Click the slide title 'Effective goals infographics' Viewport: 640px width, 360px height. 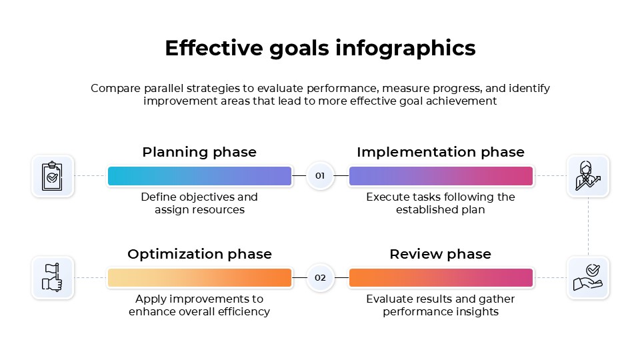[320, 49]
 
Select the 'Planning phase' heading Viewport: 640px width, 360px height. [199, 152]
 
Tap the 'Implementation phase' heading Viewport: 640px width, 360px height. [440, 152]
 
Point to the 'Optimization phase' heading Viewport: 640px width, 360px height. [199, 254]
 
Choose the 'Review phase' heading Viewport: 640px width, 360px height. [440, 254]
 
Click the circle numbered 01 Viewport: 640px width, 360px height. [320, 176]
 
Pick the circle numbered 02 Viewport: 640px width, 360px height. [320, 278]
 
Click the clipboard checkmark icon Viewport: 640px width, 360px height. [53, 176]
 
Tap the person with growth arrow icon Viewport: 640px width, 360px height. [587, 176]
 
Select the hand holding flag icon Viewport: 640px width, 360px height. [53, 278]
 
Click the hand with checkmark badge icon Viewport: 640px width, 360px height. [587, 278]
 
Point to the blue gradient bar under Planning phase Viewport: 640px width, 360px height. [199, 176]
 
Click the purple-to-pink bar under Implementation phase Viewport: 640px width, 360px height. [441, 176]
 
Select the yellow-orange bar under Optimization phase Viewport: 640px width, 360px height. [199, 278]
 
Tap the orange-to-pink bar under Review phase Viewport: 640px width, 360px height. [441, 278]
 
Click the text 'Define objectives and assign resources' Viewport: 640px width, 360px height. [199, 203]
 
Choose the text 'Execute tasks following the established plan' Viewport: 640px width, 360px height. [440, 203]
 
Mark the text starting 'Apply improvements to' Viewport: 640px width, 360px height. [199, 305]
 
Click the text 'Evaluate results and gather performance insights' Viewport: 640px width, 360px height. [440, 305]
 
